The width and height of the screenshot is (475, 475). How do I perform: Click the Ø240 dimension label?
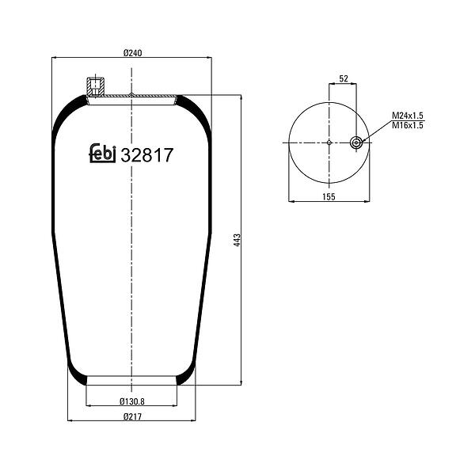coord(133,53)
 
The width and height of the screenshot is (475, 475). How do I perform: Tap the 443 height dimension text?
coord(237,240)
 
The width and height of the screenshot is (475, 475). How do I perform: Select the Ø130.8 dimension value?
coord(132,401)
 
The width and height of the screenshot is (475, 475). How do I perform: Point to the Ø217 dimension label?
coord(133,417)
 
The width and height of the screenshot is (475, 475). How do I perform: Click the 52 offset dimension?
coord(344,78)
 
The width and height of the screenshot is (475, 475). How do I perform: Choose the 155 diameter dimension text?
coord(329,197)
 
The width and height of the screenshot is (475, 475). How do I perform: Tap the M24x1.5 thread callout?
coord(408,116)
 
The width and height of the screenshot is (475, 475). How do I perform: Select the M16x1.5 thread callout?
coord(408,125)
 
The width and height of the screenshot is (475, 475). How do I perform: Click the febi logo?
coord(102,154)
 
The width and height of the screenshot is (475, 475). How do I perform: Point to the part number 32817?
coord(147,155)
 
